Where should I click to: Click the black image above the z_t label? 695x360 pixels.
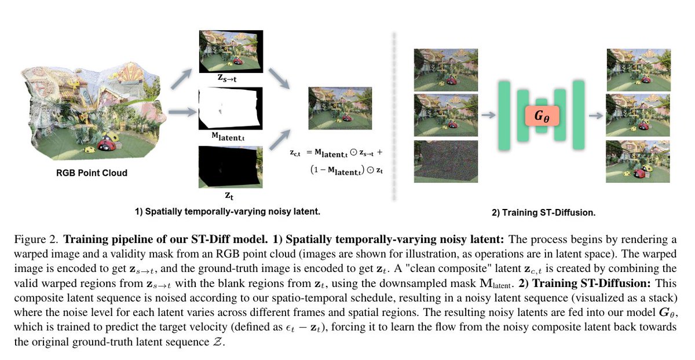pyautogui.click(x=230, y=166)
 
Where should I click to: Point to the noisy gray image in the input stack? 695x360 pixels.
pyautogui.click(x=445, y=161)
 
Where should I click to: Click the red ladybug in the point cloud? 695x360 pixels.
pyautogui.click(x=108, y=142)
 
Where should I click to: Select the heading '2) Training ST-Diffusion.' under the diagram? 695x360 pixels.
pyautogui.click(x=543, y=212)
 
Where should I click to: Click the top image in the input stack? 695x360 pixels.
pyautogui.click(x=445, y=69)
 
